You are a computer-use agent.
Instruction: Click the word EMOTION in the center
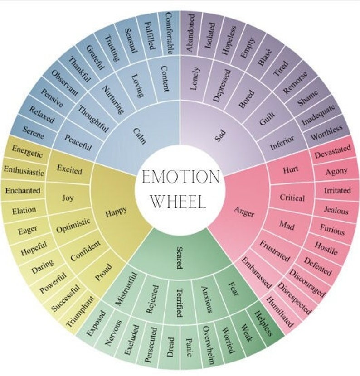[180, 176]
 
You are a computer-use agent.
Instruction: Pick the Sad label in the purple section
[221, 135]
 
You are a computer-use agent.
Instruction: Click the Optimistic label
[73, 225]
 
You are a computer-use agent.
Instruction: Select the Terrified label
[179, 302]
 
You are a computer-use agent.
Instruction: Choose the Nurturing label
[111, 99]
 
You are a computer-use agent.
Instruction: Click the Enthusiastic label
[24, 171]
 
